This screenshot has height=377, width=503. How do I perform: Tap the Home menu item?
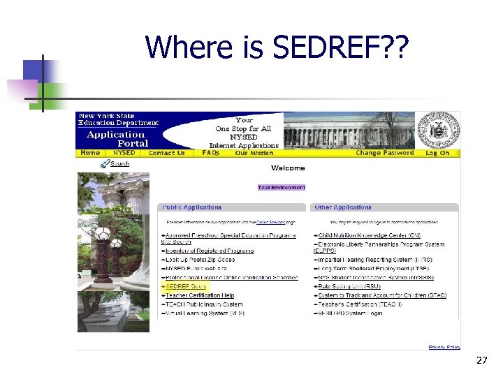click(x=90, y=153)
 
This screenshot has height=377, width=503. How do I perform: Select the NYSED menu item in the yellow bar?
click(x=124, y=153)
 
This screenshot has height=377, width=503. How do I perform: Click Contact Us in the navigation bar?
click(x=167, y=153)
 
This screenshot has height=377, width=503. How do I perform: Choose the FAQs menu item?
click(x=210, y=153)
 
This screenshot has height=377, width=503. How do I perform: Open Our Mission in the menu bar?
click(x=254, y=153)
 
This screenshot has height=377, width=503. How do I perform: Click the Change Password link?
click(x=384, y=153)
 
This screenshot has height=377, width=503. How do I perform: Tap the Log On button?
click(x=437, y=153)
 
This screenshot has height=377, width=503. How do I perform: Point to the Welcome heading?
click(x=288, y=168)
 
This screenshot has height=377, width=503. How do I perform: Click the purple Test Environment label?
click(x=282, y=187)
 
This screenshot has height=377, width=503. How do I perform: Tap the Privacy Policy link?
click(x=444, y=347)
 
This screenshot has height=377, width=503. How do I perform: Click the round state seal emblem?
click(x=439, y=129)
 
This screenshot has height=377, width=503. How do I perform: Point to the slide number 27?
click(x=481, y=361)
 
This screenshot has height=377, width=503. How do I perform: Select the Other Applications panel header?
click(x=343, y=207)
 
